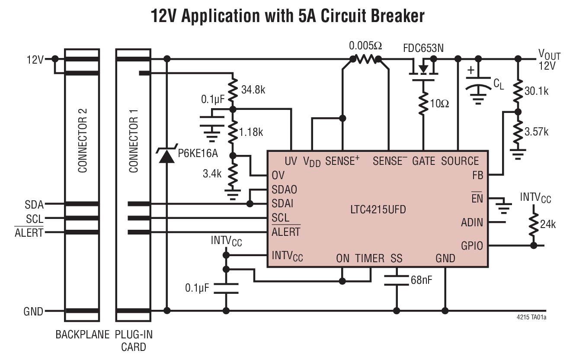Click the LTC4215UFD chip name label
click(x=378, y=211)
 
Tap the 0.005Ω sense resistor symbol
click(x=366, y=59)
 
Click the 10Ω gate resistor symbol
click(x=422, y=103)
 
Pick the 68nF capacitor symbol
click(x=397, y=280)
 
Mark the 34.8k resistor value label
click(x=253, y=91)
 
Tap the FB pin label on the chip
click(x=478, y=175)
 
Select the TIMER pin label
click(x=370, y=259)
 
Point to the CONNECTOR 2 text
click(x=82, y=140)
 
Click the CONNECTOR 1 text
click(x=134, y=140)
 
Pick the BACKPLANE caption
click(x=83, y=334)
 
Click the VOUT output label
click(x=549, y=55)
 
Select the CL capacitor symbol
click(x=478, y=84)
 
